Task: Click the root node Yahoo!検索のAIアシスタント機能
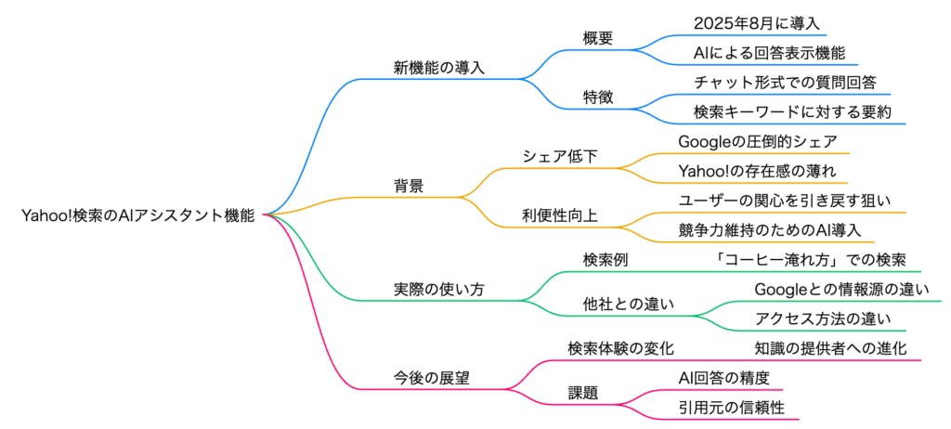coord(137,214)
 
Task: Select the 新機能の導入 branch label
coord(439,68)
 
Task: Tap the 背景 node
coord(409,186)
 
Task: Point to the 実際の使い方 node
coord(439,289)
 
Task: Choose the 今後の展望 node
coord(432,377)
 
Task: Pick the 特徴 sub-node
coord(599,97)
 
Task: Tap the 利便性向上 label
coord(560,214)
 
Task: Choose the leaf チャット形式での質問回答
coord(785,83)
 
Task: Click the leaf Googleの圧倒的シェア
coord(757,141)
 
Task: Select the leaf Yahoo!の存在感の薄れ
coord(757,171)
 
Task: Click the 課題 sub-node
coord(583,392)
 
